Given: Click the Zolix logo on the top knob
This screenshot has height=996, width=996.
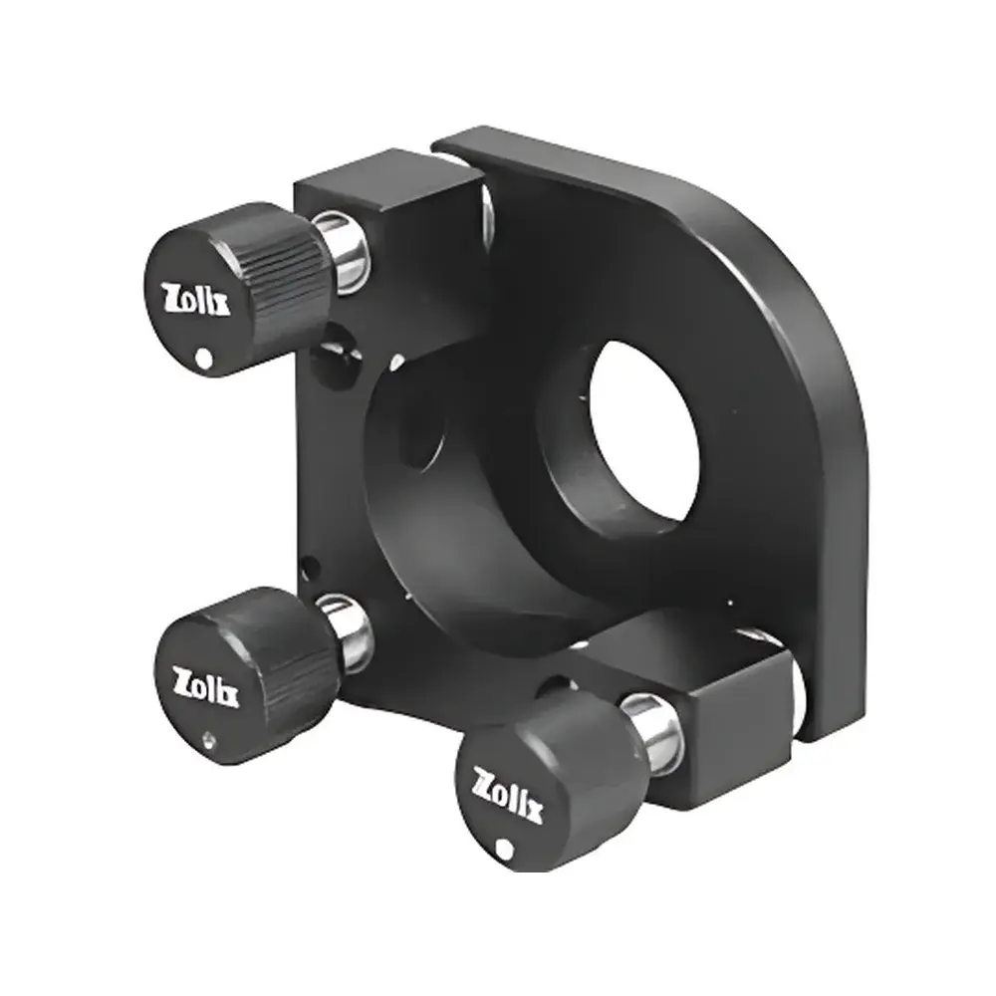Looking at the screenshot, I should [x=196, y=298].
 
